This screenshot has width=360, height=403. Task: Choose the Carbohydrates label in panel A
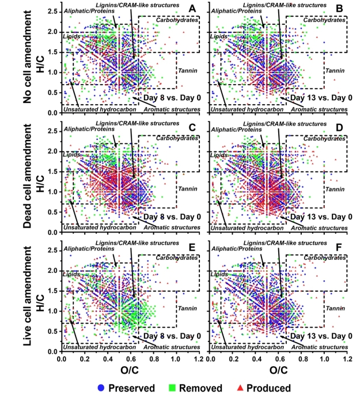pos(176,19)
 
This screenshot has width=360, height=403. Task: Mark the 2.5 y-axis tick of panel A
pos(52,12)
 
